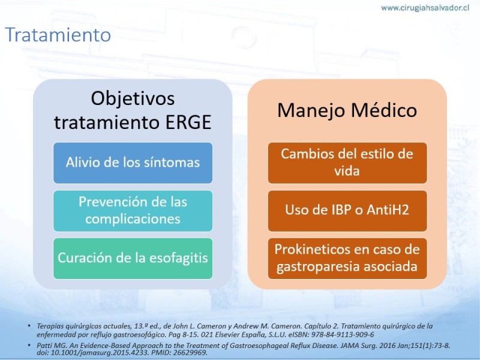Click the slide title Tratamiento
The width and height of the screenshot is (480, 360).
click(58, 35)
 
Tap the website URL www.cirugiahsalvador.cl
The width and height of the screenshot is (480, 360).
click(425, 8)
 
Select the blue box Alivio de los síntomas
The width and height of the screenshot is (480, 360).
click(133, 163)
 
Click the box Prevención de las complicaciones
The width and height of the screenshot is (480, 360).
click(133, 211)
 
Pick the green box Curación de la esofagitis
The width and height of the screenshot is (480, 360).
click(133, 259)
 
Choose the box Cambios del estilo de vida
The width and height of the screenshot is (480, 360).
click(347, 163)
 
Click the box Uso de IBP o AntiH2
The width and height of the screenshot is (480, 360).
click(347, 211)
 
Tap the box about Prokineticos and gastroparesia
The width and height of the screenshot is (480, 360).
click(347, 259)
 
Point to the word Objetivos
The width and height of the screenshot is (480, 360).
click(133, 98)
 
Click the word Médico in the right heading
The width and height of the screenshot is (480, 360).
click(384, 110)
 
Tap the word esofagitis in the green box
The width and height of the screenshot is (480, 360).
click(178, 258)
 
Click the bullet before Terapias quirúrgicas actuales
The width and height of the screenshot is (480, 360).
click(29, 326)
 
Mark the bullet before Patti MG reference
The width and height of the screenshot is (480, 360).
click(29, 346)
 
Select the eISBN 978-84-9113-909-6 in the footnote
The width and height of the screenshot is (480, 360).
click(343, 334)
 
